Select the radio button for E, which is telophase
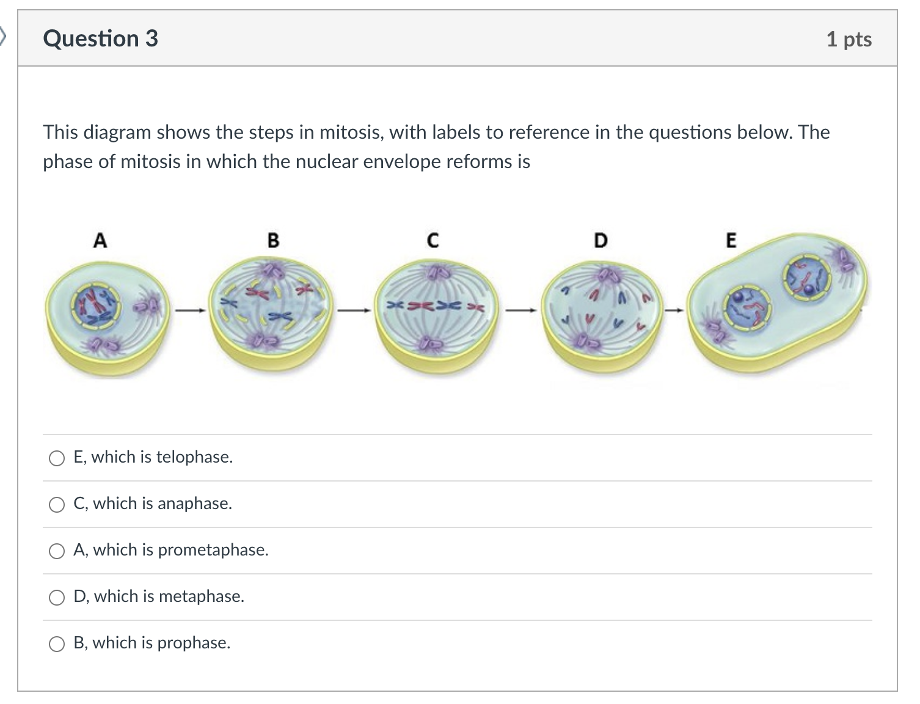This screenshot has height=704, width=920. [x=57, y=458]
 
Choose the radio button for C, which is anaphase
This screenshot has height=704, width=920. [x=57, y=505]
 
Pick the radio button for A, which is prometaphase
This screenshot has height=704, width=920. [x=57, y=551]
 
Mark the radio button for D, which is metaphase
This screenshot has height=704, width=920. [x=57, y=598]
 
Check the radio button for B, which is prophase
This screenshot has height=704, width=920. [x=57, y=644]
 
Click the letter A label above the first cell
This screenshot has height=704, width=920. [x=100, y=241]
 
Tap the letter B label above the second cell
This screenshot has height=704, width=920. [x=273, y=240]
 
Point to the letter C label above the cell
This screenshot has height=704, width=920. [x=433, y=240]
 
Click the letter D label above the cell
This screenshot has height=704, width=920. [x=601, y=240]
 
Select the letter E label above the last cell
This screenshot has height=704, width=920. [x=731, y=240]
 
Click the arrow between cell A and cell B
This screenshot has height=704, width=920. [x=189, y=310]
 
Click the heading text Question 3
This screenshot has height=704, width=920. [x=101, y=38]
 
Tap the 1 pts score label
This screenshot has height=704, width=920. [x=849, y=39]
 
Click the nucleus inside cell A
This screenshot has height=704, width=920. [x=95, y=304]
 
